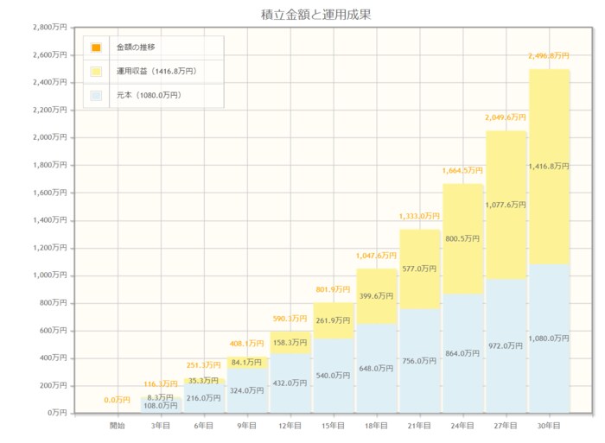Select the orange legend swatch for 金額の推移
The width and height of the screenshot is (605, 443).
pos(96,47)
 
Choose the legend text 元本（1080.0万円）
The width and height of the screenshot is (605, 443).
pos(149,95)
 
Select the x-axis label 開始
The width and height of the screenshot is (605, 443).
pos(117,427)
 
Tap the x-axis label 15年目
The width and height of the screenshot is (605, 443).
pos(333,427)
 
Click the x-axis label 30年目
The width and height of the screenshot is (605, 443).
pos(549,427)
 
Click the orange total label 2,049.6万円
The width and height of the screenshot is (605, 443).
pos(506,117)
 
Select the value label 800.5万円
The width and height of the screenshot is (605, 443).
pos(462,239)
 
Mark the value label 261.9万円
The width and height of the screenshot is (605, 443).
pos(333,320)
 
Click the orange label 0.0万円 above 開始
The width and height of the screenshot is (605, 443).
pos(117,400)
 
